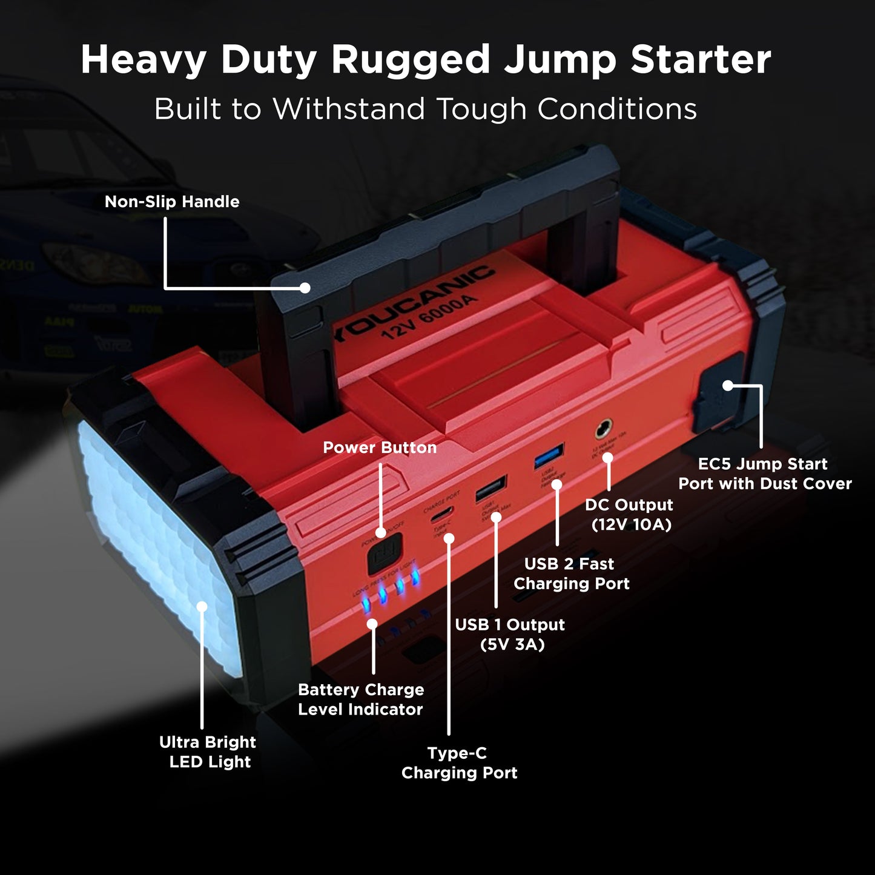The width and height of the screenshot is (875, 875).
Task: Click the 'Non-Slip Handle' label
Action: click(172, 202)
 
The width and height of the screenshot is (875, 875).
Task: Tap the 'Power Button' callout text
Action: click(380, 447)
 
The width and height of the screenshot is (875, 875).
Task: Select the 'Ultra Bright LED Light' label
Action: click(208, 751)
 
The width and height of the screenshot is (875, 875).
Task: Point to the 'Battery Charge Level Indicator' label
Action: click(361, 699)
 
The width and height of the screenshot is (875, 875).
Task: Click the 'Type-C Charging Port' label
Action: click(459, 763)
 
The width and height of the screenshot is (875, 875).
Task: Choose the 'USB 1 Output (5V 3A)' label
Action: click(510, 634)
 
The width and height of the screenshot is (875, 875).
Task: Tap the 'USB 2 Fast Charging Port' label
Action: click(570, 573)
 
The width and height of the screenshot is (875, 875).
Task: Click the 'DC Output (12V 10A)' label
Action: click(630, 515)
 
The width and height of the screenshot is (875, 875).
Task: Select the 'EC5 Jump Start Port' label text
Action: click(764, 474)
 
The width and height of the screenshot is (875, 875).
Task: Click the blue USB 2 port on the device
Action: click(549, 456)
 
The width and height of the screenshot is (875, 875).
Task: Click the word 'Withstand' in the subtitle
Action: click(349, 110)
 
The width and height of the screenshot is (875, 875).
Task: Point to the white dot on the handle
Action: click(305, 288)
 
